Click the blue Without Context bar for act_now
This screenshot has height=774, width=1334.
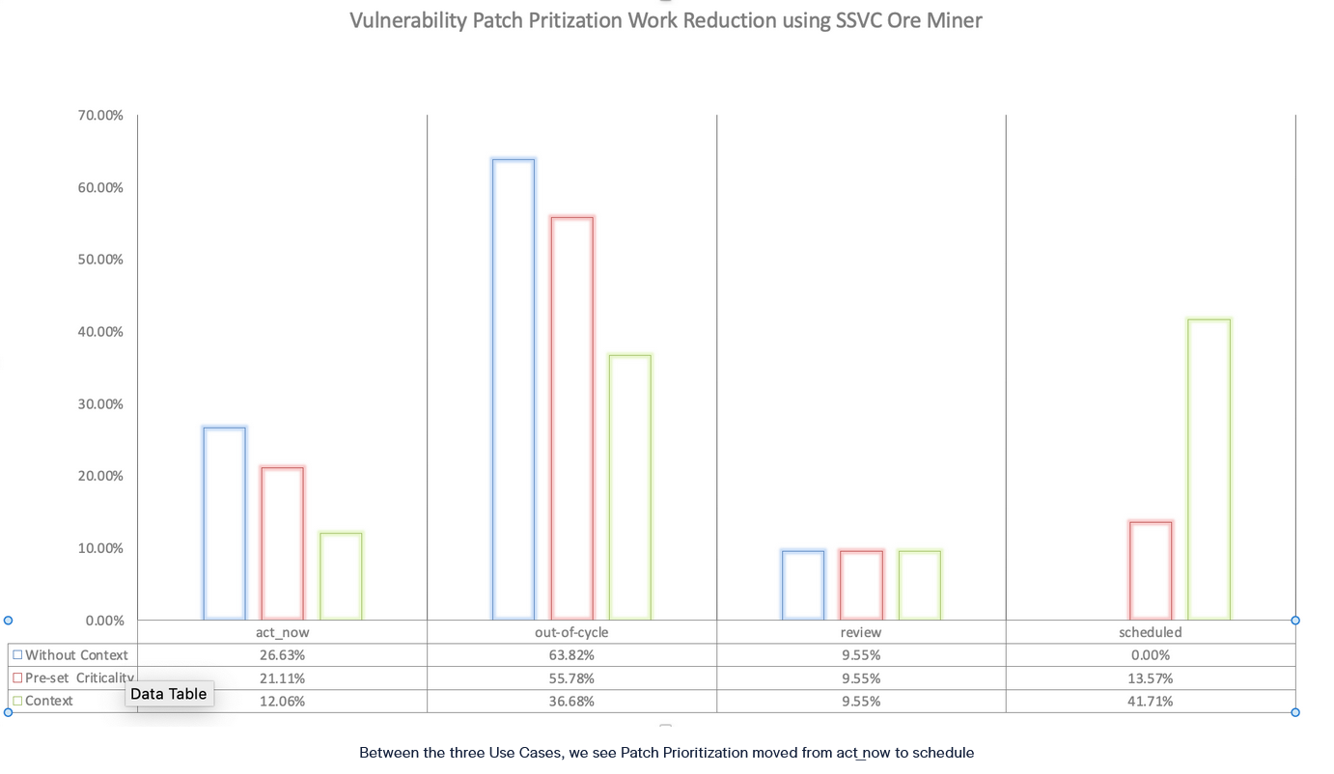point(225,523)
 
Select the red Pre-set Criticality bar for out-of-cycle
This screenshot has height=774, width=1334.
point(572,418)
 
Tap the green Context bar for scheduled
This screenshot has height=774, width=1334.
point(1209,469)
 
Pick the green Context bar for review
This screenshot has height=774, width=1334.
point(919,585)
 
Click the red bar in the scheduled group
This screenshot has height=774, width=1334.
point(1151,570)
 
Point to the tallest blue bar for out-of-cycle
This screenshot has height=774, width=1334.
point(514,389)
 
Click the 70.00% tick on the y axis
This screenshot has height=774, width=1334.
point(100,115)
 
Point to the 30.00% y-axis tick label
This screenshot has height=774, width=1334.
point(100,403)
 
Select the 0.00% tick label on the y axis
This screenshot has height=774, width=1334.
point(103,620)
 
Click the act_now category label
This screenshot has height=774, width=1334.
point(282,632)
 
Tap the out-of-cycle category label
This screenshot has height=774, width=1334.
point(571,632)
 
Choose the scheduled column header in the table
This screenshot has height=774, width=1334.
point(1151,632)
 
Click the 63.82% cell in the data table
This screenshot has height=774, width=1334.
point(571,655)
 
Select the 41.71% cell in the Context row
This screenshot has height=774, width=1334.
point(1151,702)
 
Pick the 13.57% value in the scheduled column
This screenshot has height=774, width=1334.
point(1151,678)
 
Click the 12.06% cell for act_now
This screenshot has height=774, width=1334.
point(282,702)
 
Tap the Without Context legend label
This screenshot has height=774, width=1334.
point(76,655)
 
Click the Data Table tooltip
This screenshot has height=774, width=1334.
point(169,694)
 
